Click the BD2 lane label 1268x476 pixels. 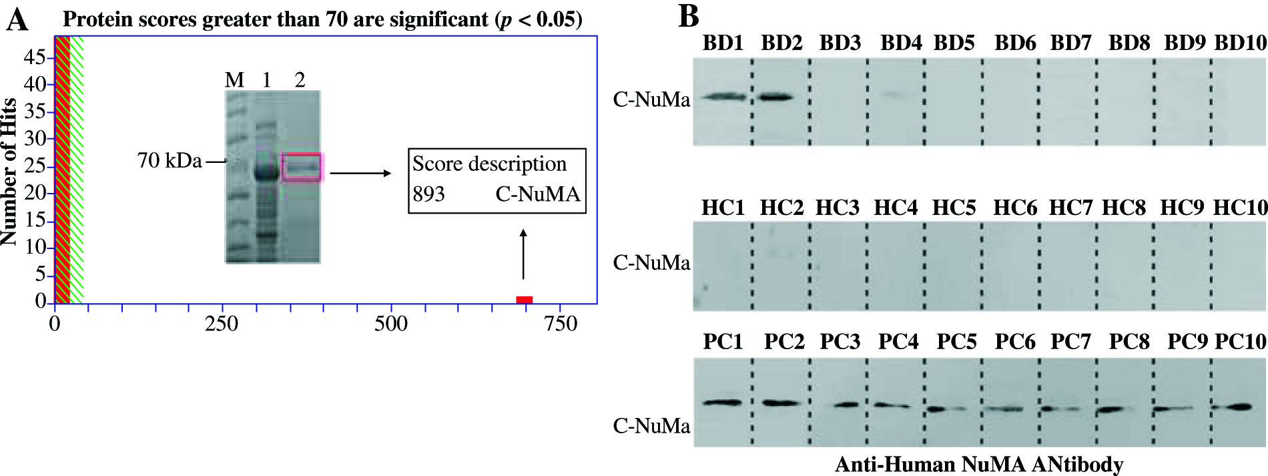coord(781,43)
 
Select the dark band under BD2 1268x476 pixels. coord(776,97)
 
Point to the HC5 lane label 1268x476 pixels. coord(954,208)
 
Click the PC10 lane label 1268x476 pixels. coord(1240,342)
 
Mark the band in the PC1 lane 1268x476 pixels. coord(722,403)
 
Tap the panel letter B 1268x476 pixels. coord(689,17)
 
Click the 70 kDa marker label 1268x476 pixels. coord(170,161)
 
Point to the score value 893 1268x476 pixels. coord(428,194)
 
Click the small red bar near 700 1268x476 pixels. coord(524,299)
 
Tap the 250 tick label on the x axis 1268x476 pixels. coord(222,324)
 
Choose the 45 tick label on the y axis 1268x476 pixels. coord(35,57)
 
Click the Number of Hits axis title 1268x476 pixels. coord(9,172)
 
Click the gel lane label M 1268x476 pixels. coord(234,81)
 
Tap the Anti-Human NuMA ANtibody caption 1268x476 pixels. coord(979,464)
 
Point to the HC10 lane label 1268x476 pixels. coord(1240,208)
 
